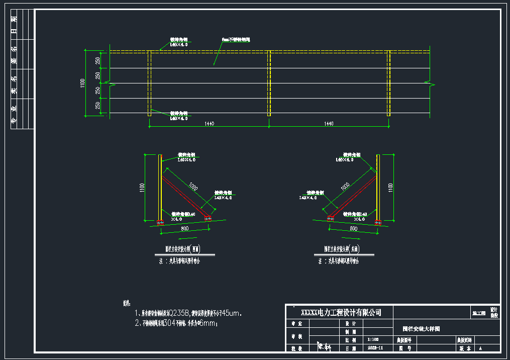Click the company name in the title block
coord(341,313)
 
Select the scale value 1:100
coord(373,339)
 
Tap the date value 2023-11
coord(375,347)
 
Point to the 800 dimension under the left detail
coord(184,228)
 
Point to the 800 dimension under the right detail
coord(353,228)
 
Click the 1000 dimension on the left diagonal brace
coord(193,187)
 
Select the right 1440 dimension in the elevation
coord(329,123)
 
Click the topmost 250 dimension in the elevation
coord(97,60)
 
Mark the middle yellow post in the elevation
coord(269,83)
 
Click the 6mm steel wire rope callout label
coord(236,39)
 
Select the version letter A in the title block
coord(480,348)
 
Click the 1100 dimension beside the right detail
coord(391,187)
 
